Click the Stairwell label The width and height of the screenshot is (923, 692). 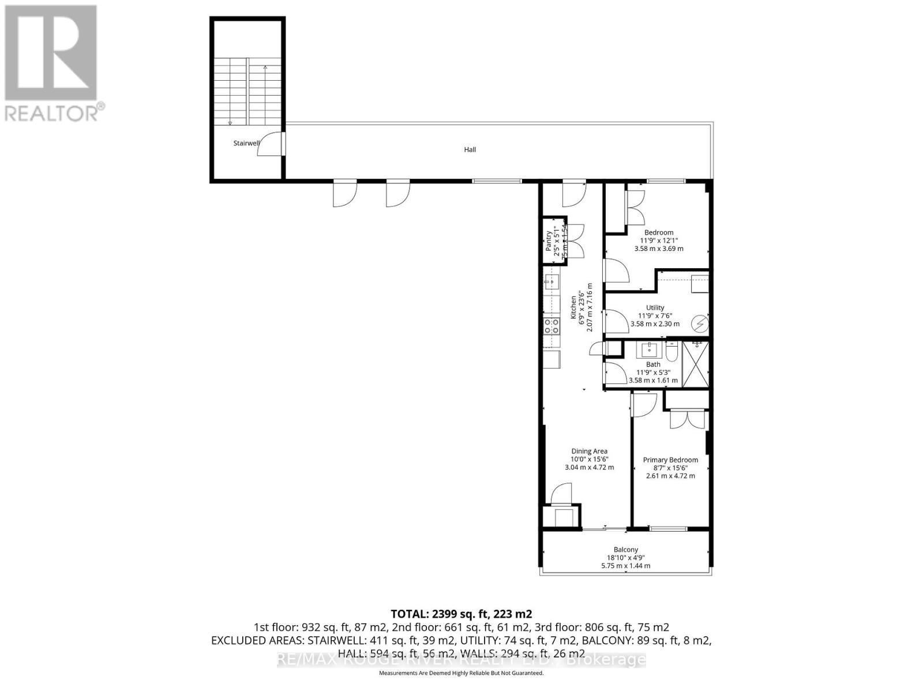coord(246,143)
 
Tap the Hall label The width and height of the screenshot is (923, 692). coord(470,149)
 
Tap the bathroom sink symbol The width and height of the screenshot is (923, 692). coord(650,349)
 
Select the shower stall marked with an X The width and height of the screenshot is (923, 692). coord(696,364)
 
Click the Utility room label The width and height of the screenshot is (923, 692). coord(655,307)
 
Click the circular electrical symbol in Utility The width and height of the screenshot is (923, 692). coord(699,325)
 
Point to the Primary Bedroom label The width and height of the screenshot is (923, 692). coord(670,460)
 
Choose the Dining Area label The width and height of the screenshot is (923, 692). coord(589,451)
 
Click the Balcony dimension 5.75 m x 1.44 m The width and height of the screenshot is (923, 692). coord(625,566)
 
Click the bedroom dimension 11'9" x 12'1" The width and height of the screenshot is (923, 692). coord(659,240)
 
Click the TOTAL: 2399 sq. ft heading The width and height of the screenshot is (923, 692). coord(461,614)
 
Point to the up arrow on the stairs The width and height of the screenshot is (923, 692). coord(265,68)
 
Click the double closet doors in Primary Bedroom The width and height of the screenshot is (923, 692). coord(686,419)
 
